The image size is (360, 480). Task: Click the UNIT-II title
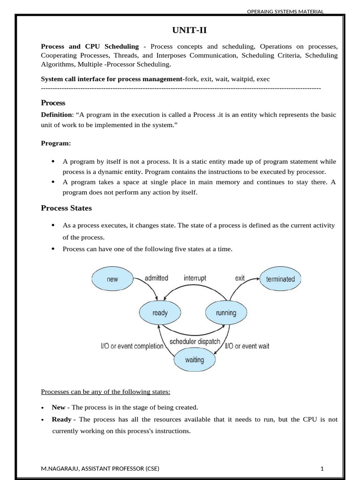(x=190, y=31)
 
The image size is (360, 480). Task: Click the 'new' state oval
(x=112, y=279)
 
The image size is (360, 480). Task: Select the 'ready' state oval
(x=160, y=313)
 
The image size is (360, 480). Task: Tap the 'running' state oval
(x=226, y=313)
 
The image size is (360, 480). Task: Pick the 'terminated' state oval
(x=280, y=279)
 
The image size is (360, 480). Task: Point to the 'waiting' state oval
(x=195, y=360)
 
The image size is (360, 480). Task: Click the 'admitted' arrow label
(x=156, y=278)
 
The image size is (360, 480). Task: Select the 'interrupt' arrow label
(x=195, y=278)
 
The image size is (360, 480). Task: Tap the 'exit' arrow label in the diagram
(x=240, y=278)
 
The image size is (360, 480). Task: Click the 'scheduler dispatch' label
(x=195, y=341)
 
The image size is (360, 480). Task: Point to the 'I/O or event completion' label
(x=132, y=346)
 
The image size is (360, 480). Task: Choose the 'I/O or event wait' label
(x=247, y=346)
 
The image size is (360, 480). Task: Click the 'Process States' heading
(x=67, y=208)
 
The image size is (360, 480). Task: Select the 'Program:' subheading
(x=56, y=143)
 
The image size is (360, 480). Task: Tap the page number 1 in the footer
(x=322, y=469)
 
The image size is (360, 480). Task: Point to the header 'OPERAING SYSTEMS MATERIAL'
(x=285, y=12)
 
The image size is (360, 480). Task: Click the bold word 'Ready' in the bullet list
(x=61, y=420)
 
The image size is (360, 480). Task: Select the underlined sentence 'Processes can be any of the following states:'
(x=105, y=391)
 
